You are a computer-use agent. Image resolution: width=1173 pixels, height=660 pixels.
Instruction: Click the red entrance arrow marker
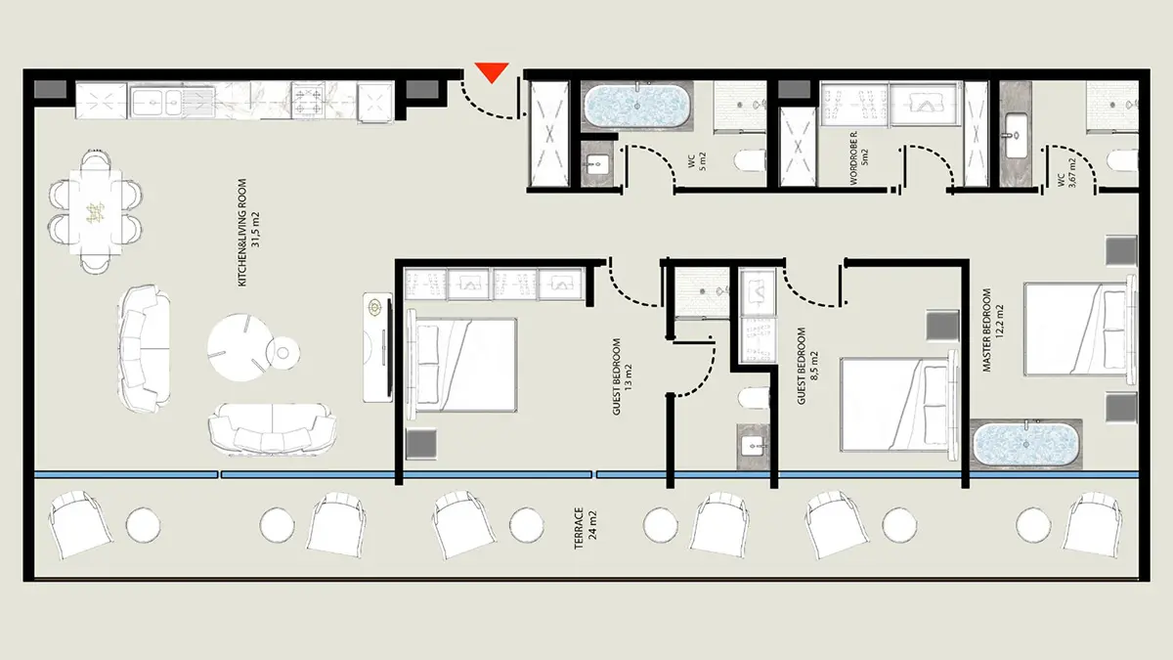[492, 72]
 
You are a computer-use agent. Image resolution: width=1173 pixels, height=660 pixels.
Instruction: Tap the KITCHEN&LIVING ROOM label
[242, 233]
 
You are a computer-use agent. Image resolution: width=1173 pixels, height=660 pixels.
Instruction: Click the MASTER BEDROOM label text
[986, 330]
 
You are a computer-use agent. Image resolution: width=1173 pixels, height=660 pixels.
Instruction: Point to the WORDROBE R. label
[853, 158]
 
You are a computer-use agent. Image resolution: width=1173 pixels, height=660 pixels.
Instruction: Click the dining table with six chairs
[96, 211]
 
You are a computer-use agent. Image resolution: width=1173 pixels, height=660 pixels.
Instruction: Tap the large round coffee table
[239, 347]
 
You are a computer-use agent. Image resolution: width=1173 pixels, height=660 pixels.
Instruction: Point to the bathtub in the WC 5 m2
[636, 106]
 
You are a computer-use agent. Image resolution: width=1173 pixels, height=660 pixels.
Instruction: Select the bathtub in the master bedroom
[1025, 444]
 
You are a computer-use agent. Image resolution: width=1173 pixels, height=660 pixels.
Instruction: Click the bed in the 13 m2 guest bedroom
[461, 365]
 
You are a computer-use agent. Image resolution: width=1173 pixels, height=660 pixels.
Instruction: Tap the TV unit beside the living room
[378, 347]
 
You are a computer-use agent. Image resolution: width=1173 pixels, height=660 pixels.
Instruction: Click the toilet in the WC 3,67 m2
[1123, 160]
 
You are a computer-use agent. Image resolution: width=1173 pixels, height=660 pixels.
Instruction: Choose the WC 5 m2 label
[697, 161]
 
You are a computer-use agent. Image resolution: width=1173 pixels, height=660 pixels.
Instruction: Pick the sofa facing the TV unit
[144, 348]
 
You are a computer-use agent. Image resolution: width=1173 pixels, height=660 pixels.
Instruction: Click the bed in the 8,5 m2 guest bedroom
[898, 405]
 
